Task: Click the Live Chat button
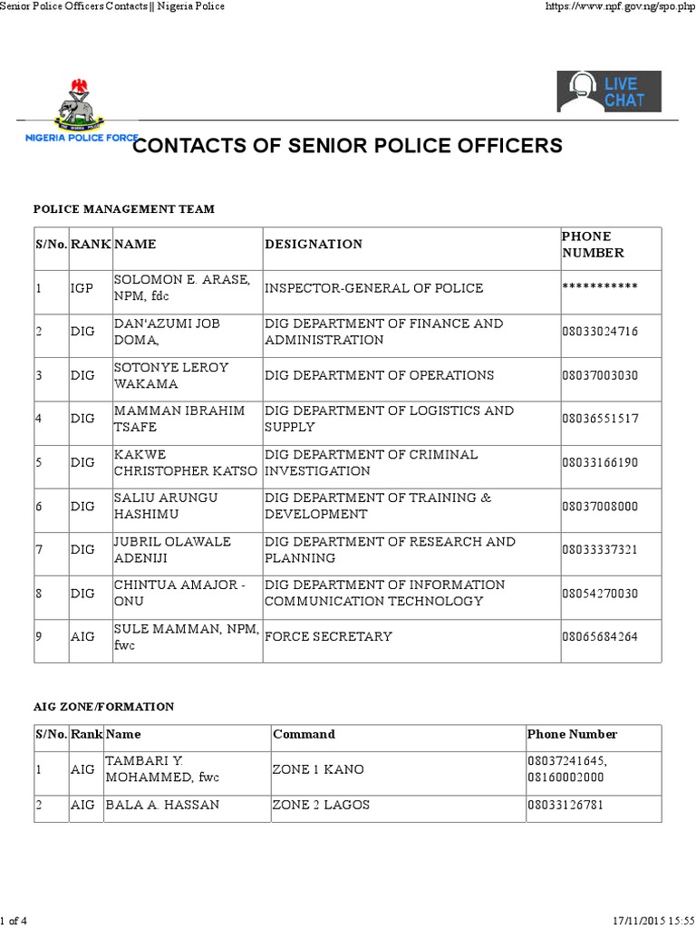pos(609,92)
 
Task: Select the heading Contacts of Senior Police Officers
pos(348,146)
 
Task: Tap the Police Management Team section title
pos(124,209)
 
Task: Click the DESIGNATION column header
pos(314,244)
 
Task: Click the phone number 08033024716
pos(600,332)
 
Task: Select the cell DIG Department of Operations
pos(379,375)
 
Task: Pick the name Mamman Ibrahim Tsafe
pos(179,419)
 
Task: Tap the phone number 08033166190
pos(600,462)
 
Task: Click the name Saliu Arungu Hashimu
pos(167,506)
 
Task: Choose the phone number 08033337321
pos(600,549)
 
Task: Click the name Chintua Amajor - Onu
pos(179,593)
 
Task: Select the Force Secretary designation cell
pos(328,636)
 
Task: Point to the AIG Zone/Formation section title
pos(103,707)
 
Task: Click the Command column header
pos(304,734)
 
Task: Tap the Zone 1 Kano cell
pos(318,769)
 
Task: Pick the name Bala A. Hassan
pos(162,805)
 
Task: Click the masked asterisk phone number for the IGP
pos(600,288)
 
